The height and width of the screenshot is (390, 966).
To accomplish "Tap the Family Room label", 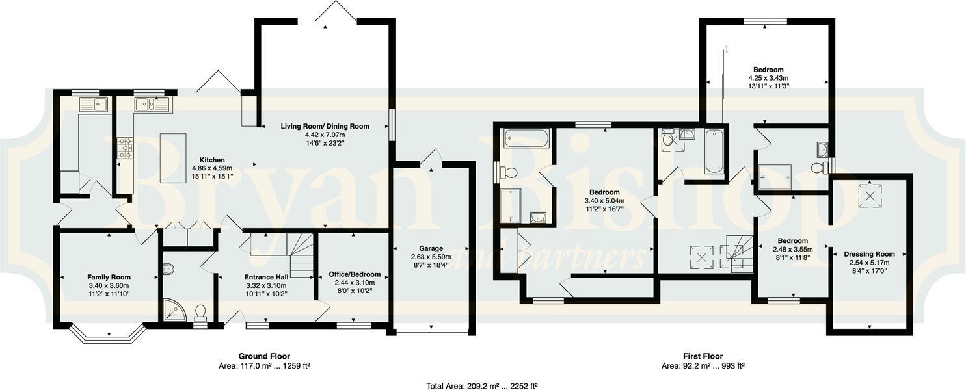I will click(x=109, y=277).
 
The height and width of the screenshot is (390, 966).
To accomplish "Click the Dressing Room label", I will click(x=869, y=254).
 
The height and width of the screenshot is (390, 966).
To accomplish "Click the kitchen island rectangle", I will click(x=172, y=157).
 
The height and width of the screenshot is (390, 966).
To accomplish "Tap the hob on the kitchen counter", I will click(x=125, y=148).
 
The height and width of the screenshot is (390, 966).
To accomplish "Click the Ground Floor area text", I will click(x=264, y=366).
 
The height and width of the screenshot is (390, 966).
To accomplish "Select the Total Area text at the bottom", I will click(x=482, y=386).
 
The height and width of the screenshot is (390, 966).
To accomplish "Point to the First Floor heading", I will click(x=703, y=356).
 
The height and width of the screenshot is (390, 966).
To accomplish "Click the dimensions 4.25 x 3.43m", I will click(x=768, y=78).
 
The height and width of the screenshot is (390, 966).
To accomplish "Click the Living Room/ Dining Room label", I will click(x=325, y=127).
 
